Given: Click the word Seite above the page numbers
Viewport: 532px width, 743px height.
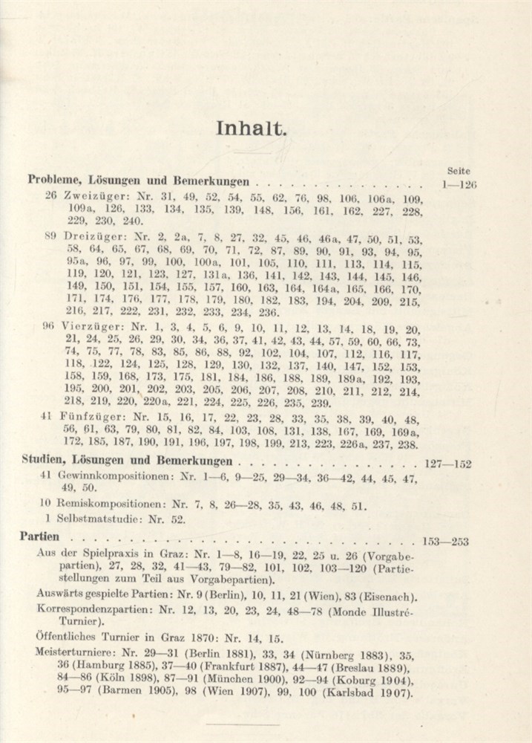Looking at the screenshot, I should click(460, 170).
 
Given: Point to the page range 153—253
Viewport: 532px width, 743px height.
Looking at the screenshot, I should click(445, 541).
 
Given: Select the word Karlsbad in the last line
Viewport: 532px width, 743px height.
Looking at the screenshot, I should click(362, 693).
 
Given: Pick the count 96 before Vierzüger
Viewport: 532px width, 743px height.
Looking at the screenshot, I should click(50, 329).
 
